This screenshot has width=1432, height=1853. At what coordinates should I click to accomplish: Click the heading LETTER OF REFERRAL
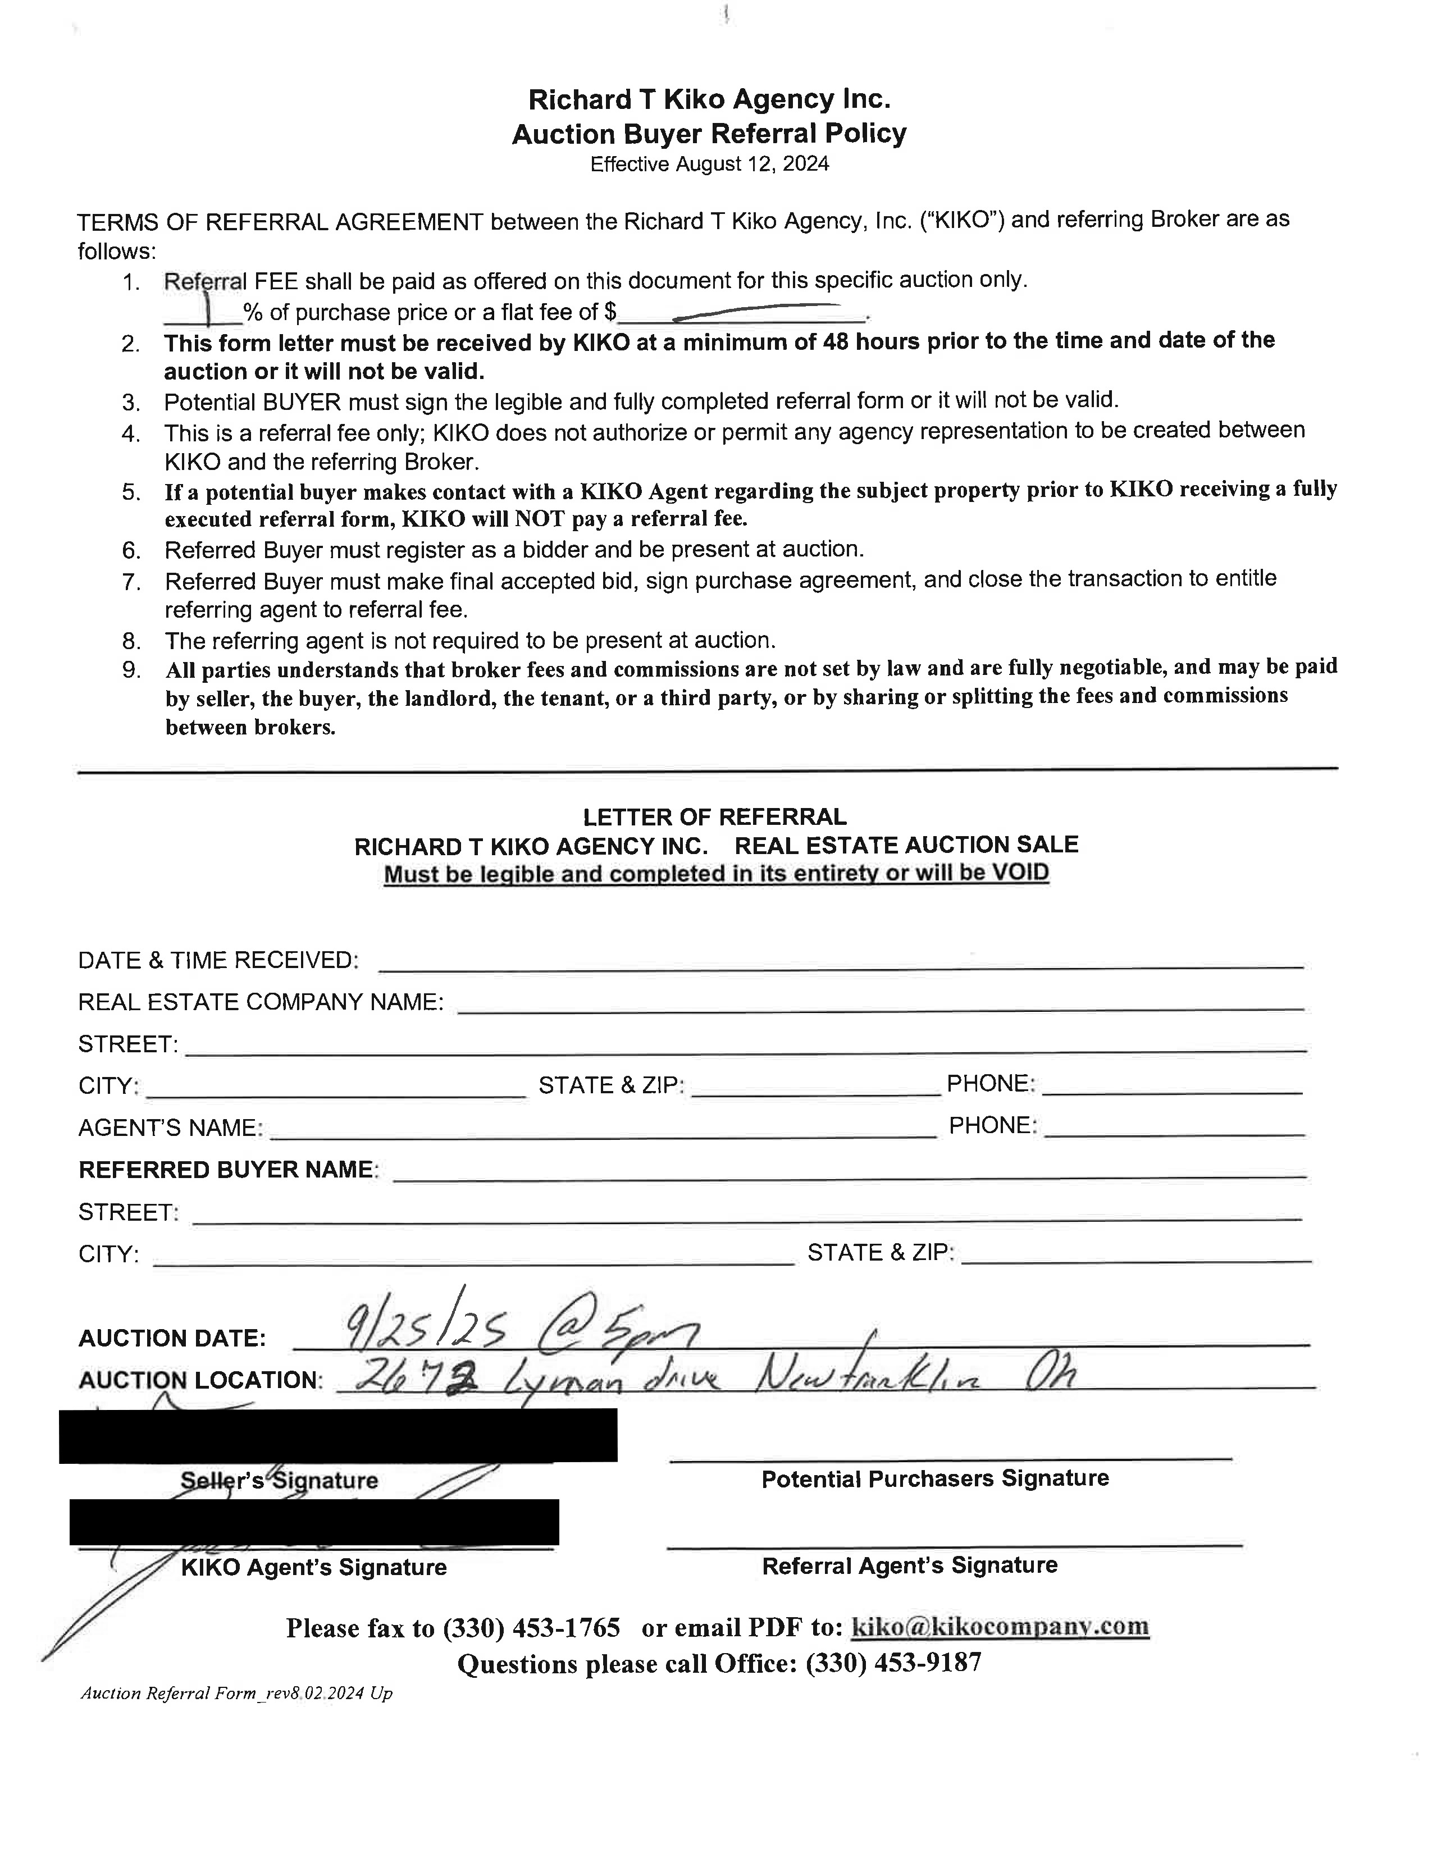pyautogui.click(x=714, y=817)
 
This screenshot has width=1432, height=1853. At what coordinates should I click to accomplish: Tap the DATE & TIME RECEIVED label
pyautogui.click(x=218, y=960)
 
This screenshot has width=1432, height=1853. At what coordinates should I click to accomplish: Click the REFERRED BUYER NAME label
pyautogui.click(x=226, y=1170)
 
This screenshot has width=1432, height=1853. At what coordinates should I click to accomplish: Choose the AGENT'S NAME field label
pyautogui.click(x=170, y=1129)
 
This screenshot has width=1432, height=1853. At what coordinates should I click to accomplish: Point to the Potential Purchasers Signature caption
pyautogui.click(x=935, y=1479)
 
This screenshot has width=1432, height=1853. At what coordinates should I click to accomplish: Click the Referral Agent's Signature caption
pyautogui.click(x=909, y=1566)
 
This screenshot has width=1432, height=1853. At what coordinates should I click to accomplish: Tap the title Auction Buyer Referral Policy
pyautogui.click(x=709, y=133)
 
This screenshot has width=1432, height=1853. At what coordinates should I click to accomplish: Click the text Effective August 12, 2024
pyautogui.click(x=709, y=165)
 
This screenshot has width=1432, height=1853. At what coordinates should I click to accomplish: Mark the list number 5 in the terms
pyautogui.click(x=131, y=492)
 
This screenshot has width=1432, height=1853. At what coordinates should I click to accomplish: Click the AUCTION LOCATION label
pyautogui.click(x=199, y=1380)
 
